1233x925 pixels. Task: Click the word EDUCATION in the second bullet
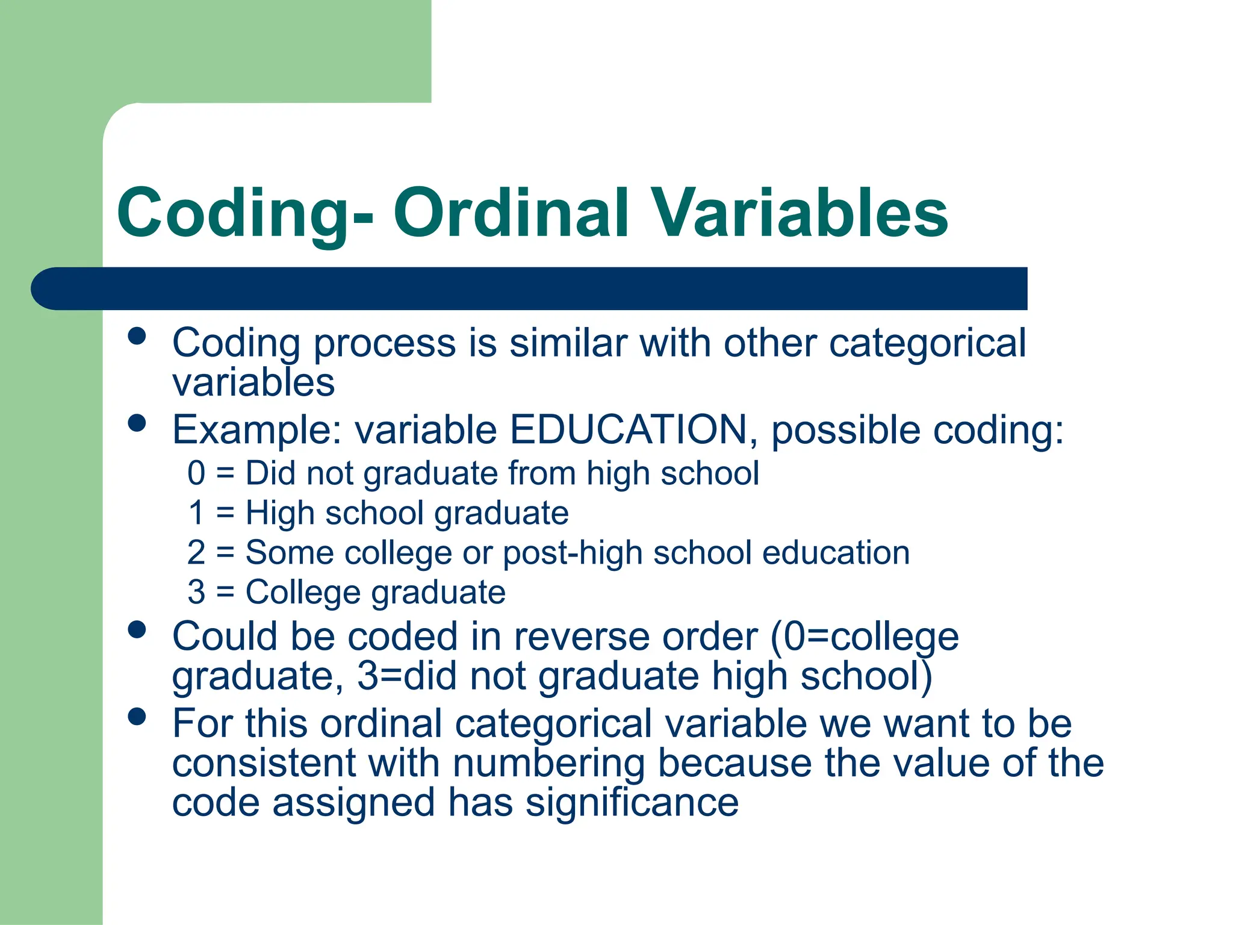(628, 430)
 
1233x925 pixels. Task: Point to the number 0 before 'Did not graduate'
(196, 473)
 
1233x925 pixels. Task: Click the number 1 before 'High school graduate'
(196, 512)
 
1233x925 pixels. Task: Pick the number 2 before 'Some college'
(196, 552)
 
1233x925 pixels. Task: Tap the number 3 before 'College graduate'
(196, 592)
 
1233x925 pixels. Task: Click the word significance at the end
(632, 803)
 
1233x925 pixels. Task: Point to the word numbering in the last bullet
(548, 763)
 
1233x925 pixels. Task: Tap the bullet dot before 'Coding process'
(137, 335)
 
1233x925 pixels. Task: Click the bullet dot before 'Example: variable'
(137, 423)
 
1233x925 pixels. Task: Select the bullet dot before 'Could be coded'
(137, 629)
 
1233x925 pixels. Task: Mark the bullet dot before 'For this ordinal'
(137, 716)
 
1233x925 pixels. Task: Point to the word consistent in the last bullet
(264, 763)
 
